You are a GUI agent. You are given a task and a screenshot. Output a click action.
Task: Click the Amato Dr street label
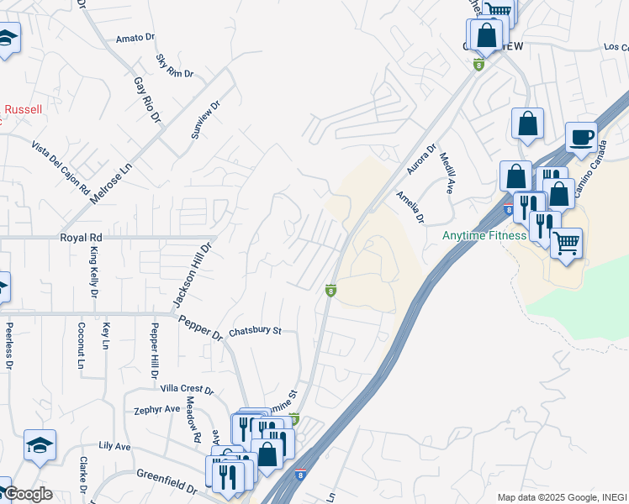pyautogui.click(x=136, y=38)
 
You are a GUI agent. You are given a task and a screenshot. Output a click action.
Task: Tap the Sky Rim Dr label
pyautogui.click(x=175, y=67)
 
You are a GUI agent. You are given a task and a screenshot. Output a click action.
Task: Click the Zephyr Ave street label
pyautogui.click(x=157, y=409)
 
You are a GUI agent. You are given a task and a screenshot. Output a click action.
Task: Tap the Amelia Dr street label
pyautogui.click(x=410, y=207)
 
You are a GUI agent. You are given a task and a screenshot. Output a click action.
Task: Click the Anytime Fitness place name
pyautogui.click(x=484, y=235)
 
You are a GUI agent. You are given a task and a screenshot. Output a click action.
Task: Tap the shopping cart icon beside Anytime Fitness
pyautogui.click(x=566, y=243)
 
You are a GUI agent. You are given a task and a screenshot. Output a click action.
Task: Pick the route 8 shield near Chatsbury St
pyautogui.click(x=331, y=291)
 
